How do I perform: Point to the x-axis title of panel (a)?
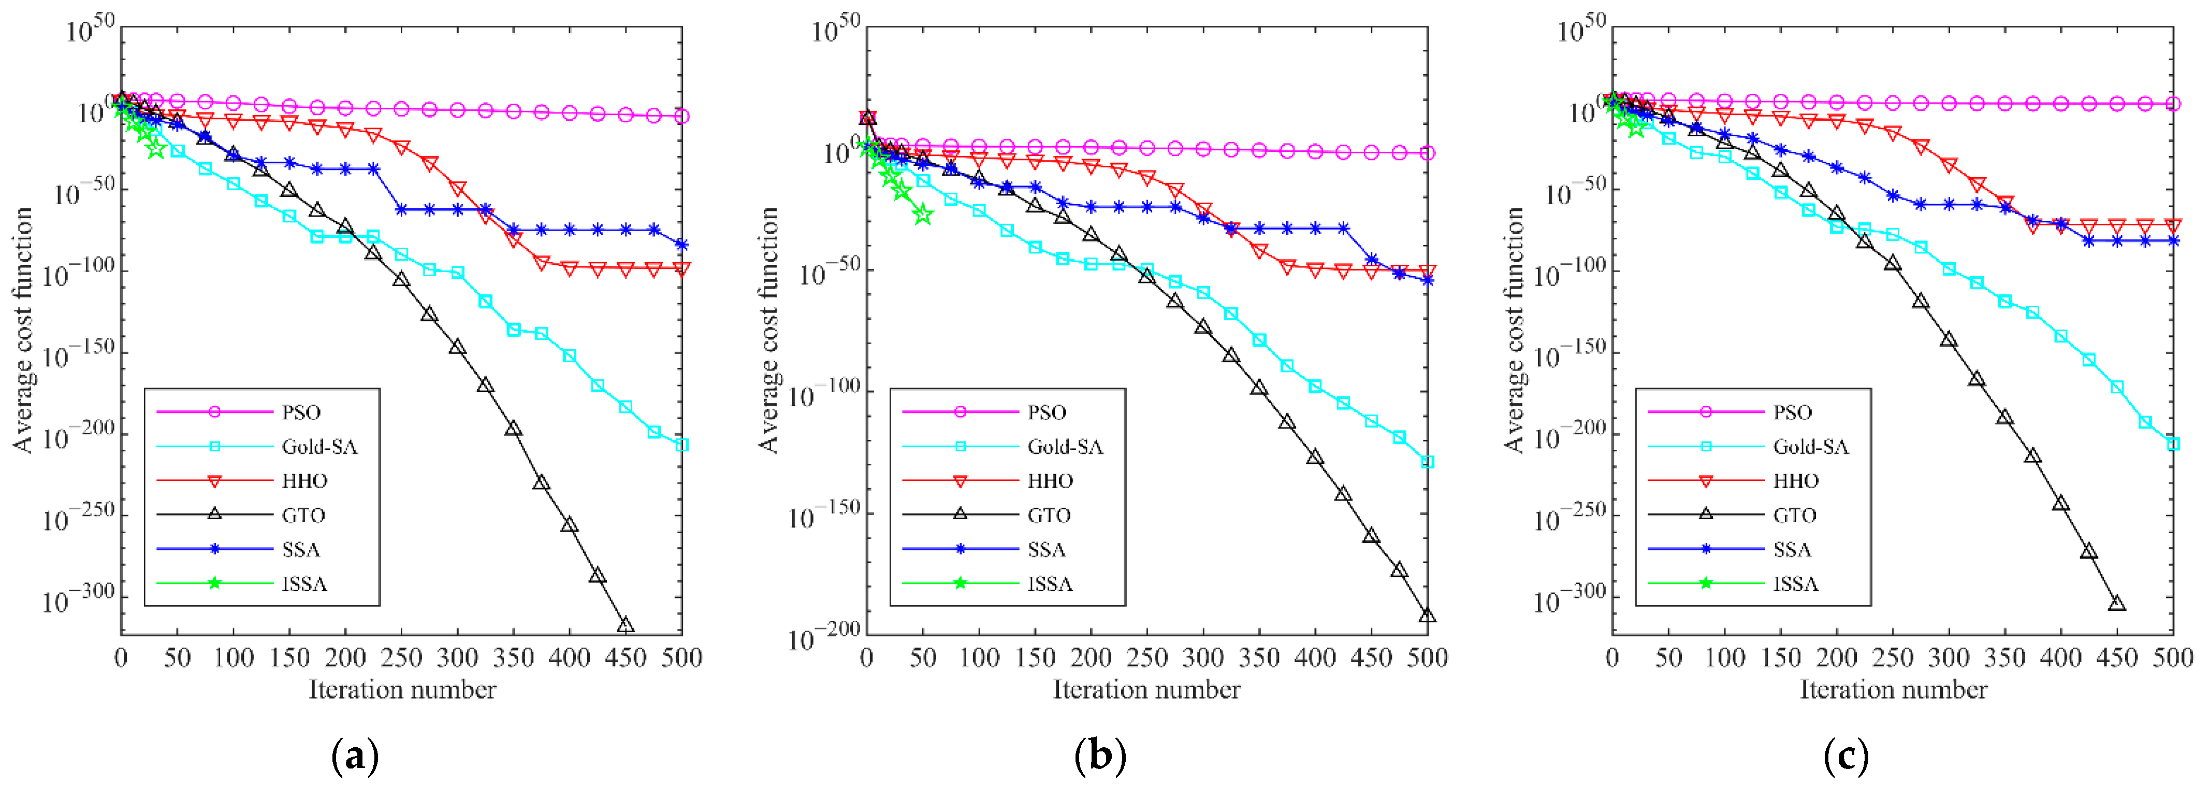click(402, 690)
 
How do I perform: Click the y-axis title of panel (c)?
click(1515, 330)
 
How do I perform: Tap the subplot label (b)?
click(1099, 756)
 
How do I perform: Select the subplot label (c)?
click(1845, 756)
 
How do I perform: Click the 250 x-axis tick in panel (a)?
click(401, 658)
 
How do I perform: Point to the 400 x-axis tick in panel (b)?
click(1315, 658)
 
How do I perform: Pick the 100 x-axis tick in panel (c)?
click(1724, 658)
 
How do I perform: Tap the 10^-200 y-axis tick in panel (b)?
click(823, 636)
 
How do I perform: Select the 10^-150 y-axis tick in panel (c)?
click(1569, 353)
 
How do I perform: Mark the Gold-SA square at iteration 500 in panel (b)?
click(1428, 462)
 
